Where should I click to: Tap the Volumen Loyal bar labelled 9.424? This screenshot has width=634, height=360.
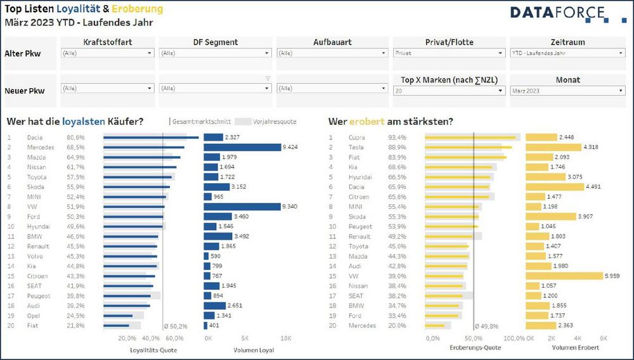(x=242, y=147)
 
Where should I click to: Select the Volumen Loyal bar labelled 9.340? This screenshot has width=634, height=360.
(x=242, y=207)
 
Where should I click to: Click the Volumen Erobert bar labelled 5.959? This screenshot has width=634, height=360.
(x=564, y=276)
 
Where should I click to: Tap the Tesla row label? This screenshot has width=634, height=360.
(x=356, y=147)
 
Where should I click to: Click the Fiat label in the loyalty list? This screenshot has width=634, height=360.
(x=34, y=325)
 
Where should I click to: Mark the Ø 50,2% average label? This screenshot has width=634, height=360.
(x=176, y=326)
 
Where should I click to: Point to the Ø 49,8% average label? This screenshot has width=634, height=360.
(x=486, y=326)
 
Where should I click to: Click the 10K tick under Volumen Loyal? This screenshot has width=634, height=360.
(x=286, y=338)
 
